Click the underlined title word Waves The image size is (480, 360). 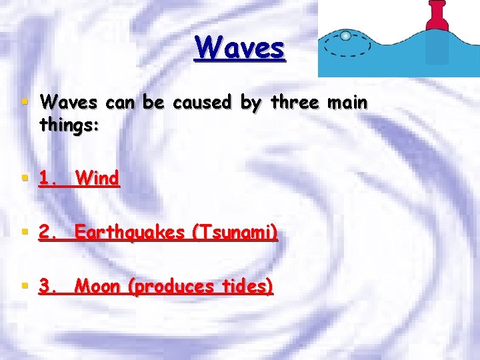pos(239,48)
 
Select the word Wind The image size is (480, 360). pos(97,179)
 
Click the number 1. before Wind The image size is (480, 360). pos(48,179)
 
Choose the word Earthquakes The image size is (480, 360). pos(129,233)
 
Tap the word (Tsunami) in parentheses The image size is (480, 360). pos(233,233)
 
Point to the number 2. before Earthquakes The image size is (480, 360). pos(48,233)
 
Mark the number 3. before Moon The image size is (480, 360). pos(48,287)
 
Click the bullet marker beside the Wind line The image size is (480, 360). pos(25,178)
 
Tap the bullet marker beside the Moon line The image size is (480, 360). pos(25,287)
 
